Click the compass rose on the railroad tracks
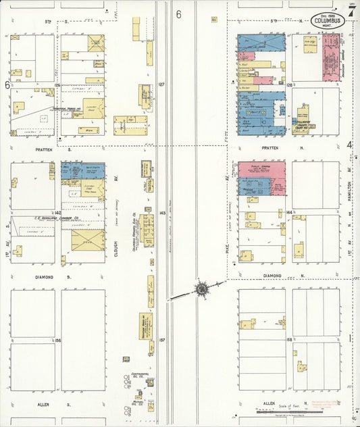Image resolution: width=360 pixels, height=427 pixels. pos(201,289)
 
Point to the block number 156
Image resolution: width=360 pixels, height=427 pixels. pos(58,340)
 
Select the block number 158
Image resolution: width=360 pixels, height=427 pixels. pos(289,339)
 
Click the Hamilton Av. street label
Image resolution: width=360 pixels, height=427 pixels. pos(349,185)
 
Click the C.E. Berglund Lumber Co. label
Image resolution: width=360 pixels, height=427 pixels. pos(58,218)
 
